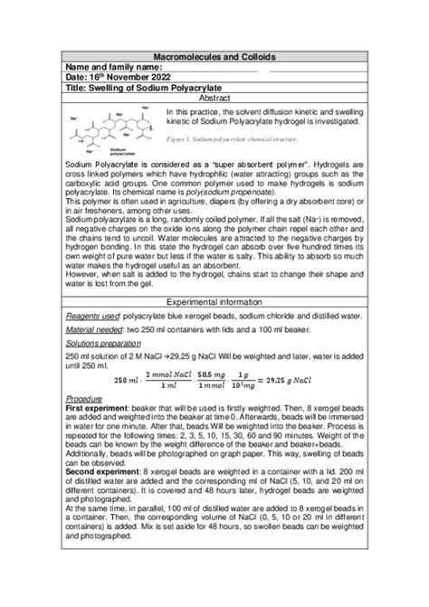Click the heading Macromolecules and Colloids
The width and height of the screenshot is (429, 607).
tap(214, 56)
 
